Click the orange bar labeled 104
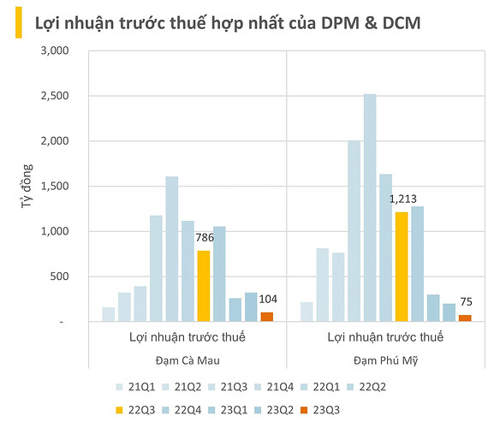(x=267, y=317)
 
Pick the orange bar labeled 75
(x=465, y=318)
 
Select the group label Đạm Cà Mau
(x=187, y=360)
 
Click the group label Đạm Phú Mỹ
(x=384, y=360)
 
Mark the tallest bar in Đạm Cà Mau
(x=171, y=249)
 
